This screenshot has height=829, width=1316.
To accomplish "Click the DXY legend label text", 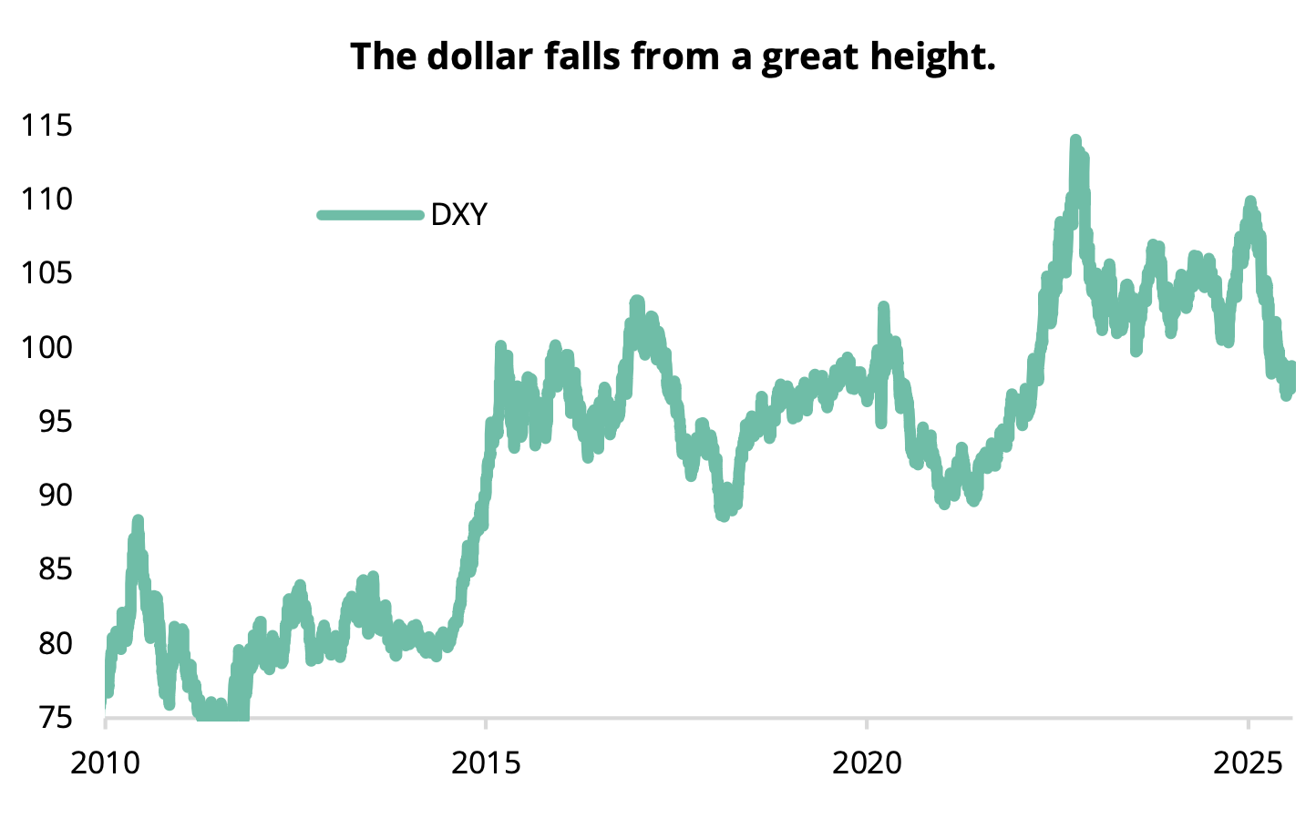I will click(458, 215).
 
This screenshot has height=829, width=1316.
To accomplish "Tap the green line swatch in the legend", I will click(371, 215).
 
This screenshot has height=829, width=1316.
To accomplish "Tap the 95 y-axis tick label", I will click(52, 421).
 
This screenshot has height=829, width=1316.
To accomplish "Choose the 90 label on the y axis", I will click(52, 495).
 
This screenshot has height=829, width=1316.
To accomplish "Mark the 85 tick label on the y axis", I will click(52, 569).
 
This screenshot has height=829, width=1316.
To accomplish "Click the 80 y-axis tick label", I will click(52, 643).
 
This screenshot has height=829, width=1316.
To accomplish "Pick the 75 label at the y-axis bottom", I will click(52, 718).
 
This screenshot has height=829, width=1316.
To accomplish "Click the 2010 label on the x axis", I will click(106, 762).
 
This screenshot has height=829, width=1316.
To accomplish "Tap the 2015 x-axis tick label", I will click(487, 762).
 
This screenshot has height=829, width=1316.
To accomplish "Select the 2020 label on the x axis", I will click(867, 762).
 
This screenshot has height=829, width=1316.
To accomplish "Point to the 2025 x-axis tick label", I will click(1248, 762).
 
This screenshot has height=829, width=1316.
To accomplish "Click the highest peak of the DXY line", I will click(1075, 140).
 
